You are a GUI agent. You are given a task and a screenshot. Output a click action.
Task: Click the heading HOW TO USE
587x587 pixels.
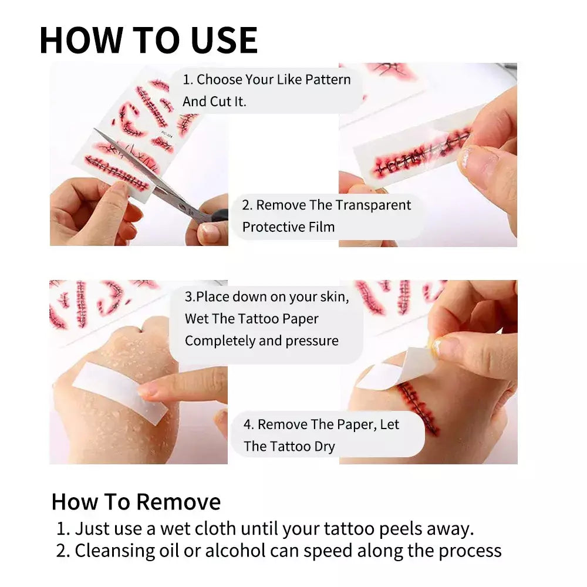click(149, 40)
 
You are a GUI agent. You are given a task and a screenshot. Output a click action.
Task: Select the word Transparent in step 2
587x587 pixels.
click(373, 205)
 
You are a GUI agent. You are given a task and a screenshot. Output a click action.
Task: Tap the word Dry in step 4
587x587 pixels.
click(325, 447)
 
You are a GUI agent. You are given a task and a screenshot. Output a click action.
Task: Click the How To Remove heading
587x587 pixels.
click(136, 502)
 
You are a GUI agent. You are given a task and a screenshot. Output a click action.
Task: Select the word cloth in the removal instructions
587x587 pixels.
click(215, 529)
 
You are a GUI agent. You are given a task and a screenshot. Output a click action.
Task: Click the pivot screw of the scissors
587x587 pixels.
click(182, 206)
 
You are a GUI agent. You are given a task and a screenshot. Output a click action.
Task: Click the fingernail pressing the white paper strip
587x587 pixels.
click(147, 391)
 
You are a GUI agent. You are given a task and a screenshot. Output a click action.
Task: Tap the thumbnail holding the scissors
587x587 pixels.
click(208, 232)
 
